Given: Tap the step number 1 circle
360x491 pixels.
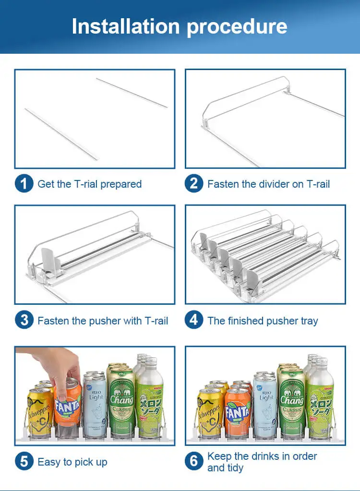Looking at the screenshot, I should click(24, 184).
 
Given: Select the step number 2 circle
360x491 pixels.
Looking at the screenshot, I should click(194, 184).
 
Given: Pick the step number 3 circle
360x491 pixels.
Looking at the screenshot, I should click(24, 321).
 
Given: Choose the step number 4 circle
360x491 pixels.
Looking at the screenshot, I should click(194, 321).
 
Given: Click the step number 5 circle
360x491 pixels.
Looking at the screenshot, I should click(24, 462).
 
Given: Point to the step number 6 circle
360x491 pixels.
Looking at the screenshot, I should click(194, 462).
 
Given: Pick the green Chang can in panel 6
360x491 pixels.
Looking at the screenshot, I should click(292, 401).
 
